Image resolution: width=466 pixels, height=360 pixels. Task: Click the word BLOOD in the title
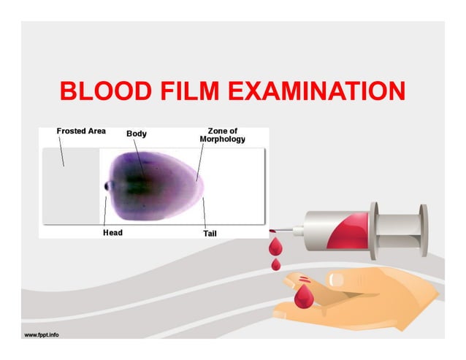point(102,93)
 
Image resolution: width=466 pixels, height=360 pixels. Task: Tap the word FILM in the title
point(186,93)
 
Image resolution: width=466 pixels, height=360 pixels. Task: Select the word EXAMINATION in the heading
point(316,93)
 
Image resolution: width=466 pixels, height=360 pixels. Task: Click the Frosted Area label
point(81,131)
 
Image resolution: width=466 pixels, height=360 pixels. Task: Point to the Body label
point(137,134)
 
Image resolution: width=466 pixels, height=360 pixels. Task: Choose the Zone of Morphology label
point(222,135)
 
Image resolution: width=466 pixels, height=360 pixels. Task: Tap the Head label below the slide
point(112,233)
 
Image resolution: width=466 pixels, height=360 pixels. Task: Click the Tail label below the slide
point(209,234)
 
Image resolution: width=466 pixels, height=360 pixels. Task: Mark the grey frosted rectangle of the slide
point(69,185)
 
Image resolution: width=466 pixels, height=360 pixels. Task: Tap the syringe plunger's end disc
point(423,231)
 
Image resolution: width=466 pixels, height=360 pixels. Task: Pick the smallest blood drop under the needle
point(275,264)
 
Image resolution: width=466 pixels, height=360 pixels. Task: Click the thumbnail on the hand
point(338,278)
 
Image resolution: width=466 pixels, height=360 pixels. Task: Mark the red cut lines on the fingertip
point(301,280)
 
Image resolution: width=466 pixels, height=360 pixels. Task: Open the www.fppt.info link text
point(42,335)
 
